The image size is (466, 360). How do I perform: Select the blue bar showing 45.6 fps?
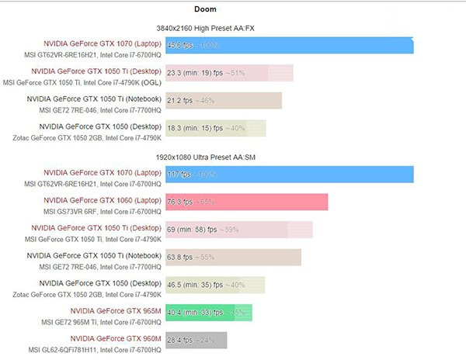tap(289, 46)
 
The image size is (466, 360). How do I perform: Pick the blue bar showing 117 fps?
tap(289, 174)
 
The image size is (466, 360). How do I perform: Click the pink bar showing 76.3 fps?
tap(246, 202)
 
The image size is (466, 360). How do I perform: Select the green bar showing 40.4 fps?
tap(209, 312)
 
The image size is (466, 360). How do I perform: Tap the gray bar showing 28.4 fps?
tap(196, 339)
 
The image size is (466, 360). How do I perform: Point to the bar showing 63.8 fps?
tap(233, 257)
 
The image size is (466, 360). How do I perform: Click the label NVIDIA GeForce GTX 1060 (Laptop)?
tap(102, 200)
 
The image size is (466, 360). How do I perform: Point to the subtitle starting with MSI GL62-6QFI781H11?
tap(97, 349)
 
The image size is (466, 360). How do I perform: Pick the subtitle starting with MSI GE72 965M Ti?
tap(95, 321)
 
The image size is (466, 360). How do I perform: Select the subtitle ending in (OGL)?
tap(82, 82)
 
